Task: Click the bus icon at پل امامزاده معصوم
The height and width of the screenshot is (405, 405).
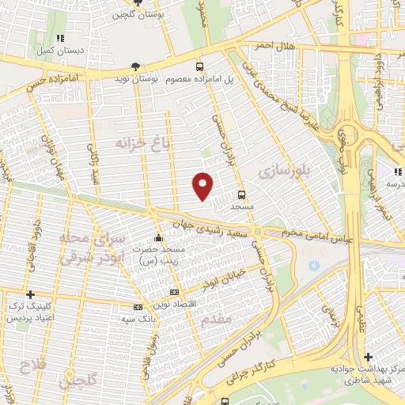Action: pos(199,67)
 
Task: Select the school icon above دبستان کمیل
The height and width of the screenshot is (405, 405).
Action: pos(60,37)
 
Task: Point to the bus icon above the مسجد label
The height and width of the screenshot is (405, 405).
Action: pos(241,193)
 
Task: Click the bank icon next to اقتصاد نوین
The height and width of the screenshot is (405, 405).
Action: pos(173,292)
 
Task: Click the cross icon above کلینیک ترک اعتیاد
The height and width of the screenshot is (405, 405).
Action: pos(31,294)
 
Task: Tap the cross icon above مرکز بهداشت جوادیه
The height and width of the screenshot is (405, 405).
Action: pos(368,357)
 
